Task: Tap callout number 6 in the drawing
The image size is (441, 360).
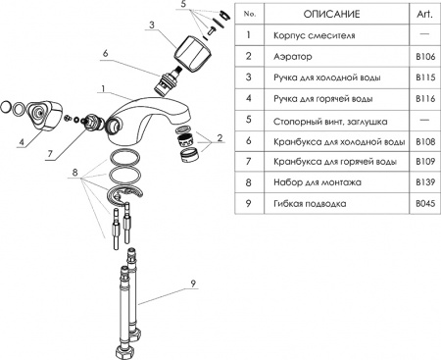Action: point(130,55)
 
